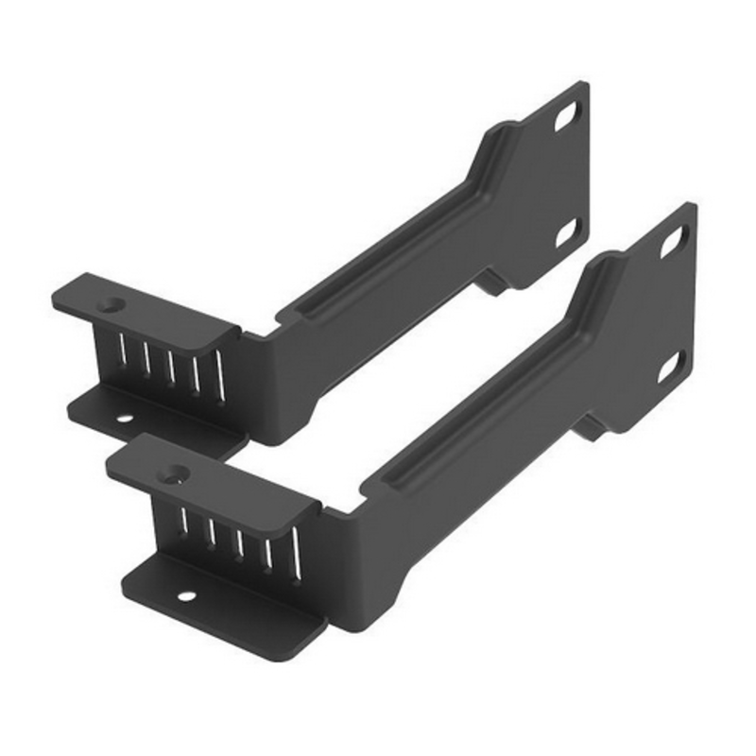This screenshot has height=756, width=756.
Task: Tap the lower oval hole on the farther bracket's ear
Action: point(566,231)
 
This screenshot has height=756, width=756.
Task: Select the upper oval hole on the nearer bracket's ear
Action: point(673,241)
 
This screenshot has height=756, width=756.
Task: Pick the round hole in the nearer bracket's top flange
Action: point(173,473)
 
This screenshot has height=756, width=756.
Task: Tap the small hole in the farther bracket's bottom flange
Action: point(123,417)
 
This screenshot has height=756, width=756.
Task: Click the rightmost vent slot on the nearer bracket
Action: point(294,550)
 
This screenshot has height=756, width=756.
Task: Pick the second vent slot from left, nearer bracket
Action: point(212,533)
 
